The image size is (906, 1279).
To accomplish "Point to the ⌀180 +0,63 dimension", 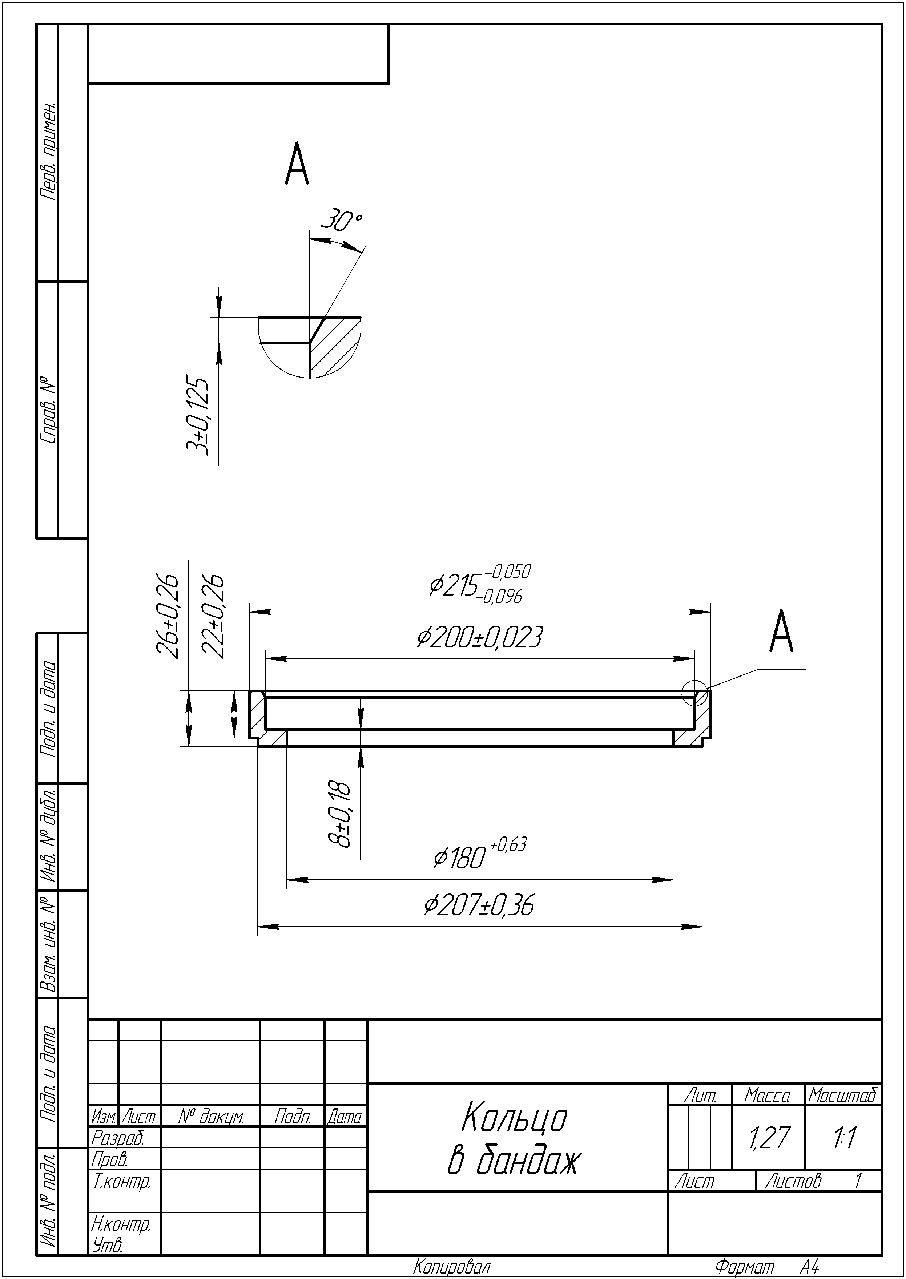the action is pos(480,854).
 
